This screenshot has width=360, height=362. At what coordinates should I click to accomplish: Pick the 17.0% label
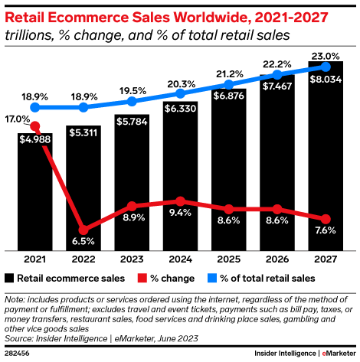tap(17, 119)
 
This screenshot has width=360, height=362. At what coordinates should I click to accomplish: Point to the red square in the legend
tap(142, 278)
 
